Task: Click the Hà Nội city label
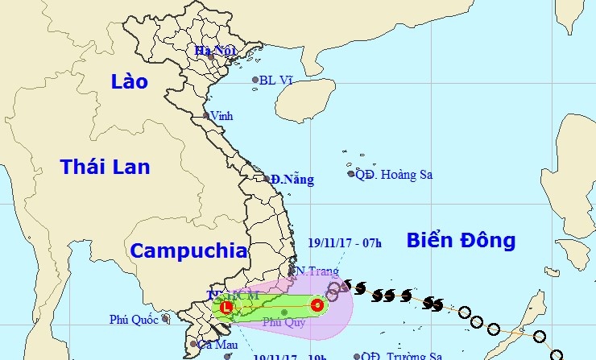(x=214, y=51)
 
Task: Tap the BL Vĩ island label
(x=277, y=80)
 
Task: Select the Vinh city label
(x=221, y=116)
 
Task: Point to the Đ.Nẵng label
(x=292, y=179)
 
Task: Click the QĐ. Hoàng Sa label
(x=389, y=173)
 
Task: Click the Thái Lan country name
(x=105, y=167)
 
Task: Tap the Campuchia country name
(x=188, y=250)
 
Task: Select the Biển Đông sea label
(x=460, y=239)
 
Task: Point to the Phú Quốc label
(x=135, y=320)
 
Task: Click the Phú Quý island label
(x=284, y=322)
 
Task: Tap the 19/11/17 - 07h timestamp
(x=344, y=239)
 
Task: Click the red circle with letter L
(x=226, y=307)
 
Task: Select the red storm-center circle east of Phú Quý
(x=317, y=305)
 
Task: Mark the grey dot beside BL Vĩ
(x=255, y=80)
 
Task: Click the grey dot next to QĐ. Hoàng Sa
(x=351, y=173)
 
